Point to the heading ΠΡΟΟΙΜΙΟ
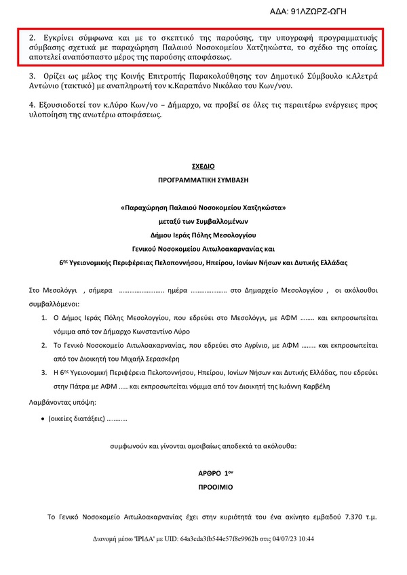coord(203,488)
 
